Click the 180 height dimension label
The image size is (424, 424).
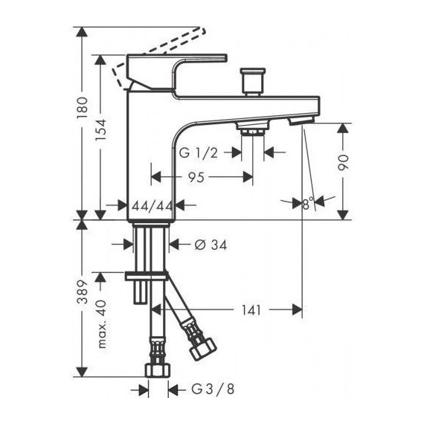pos(83,108)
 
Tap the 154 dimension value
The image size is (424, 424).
pos(100,129)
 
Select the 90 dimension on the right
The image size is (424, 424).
pos(343,162)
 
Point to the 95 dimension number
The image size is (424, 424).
pos(196,177)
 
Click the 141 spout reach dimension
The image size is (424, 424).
pos(251,310)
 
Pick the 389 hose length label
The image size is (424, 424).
pos(83,292)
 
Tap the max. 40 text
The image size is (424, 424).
pos(101,324)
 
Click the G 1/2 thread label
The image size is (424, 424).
pos(198,153)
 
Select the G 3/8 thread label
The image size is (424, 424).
pos(213,389)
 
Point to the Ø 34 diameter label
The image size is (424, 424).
pos(211,245)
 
